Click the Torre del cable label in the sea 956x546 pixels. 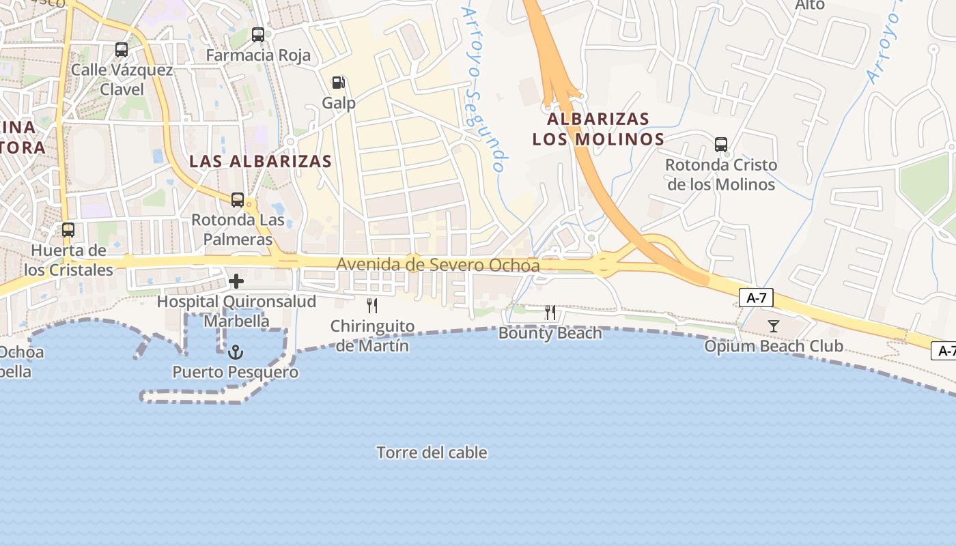(x=432, y=452)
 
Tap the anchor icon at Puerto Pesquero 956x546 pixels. (x=236, y=352)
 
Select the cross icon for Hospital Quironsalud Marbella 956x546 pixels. (x=236, y=281)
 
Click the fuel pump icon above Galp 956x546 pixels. (x=339, y=83)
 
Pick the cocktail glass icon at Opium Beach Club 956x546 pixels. (x=773, y=326)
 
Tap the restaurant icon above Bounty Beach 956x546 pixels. (x=550, y=313)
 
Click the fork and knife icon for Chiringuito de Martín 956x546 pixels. (x=372, y=305)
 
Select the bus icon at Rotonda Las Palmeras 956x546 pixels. (x=238, y=200)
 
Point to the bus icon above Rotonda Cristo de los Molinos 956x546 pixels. (x=721, y=145)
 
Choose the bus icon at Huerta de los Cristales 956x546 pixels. (x=68, y=230)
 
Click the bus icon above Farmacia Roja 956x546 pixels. (x=258, y=35)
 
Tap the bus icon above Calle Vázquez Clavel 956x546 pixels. (x=122, y=50)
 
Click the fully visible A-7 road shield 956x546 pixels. (x=755, y=298)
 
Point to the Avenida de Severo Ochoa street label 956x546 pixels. (x=438, y=265)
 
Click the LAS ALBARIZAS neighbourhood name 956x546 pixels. (x=260, y=162)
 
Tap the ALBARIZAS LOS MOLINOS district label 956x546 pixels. (x=598, y=129)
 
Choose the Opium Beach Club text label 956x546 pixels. (x=774, y=346)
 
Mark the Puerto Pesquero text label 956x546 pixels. (x=235, y=372)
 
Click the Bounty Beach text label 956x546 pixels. (x=550, y=333)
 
